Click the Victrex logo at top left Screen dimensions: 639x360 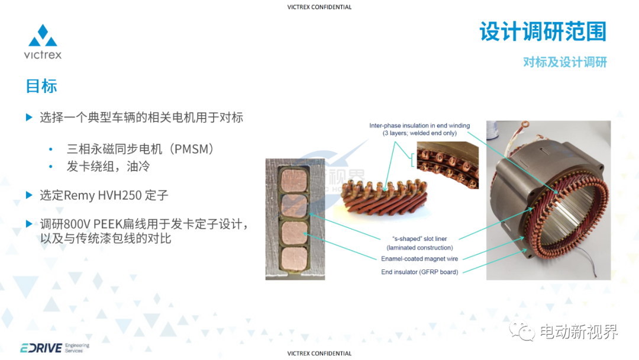43,41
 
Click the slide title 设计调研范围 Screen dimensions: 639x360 543,31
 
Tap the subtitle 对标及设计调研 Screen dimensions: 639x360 565,62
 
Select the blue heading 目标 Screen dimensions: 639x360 41,86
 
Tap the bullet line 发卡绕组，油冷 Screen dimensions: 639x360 108,166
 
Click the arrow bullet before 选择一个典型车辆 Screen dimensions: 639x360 29,117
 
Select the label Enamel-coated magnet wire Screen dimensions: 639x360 419,259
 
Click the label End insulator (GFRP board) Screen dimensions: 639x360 419,272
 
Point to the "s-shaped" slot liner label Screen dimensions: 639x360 419,243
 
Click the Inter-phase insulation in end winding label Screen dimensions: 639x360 419,129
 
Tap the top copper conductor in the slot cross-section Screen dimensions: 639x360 294,180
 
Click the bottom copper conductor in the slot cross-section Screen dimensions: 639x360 294,259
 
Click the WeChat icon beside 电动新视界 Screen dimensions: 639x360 522,330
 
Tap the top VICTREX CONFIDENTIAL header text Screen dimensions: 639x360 319,7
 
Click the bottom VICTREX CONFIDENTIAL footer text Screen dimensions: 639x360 319,353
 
